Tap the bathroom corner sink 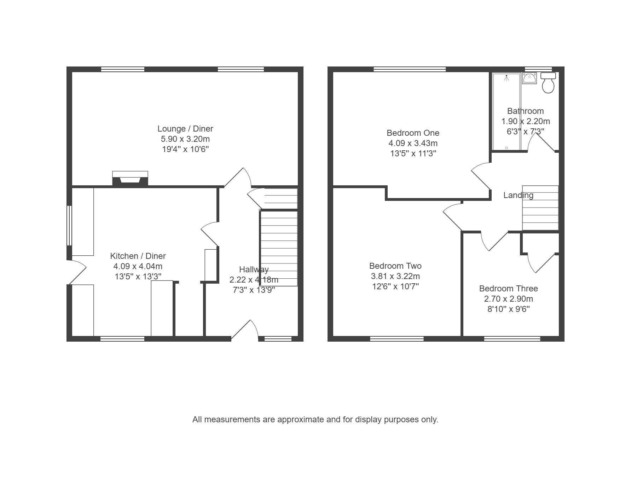[x=529, y=78]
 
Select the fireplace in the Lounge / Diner [x=130, y=178]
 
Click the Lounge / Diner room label [x=185, y=129]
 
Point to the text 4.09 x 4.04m [x=138, y=266]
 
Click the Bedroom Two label [x=395, y=266]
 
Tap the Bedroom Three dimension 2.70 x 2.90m [x=509, y=299]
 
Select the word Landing [x=519, y=195]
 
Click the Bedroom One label [x=413, y=133]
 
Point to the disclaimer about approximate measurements [x=315, y=419]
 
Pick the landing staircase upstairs [x=540, y=208]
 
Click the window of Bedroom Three [x=512, y=339]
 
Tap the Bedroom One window [x=410, y=69]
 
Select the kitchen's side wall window [x=69, y=226]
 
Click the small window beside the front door [x=278, y=339]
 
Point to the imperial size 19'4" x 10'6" [x=185, y=149]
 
